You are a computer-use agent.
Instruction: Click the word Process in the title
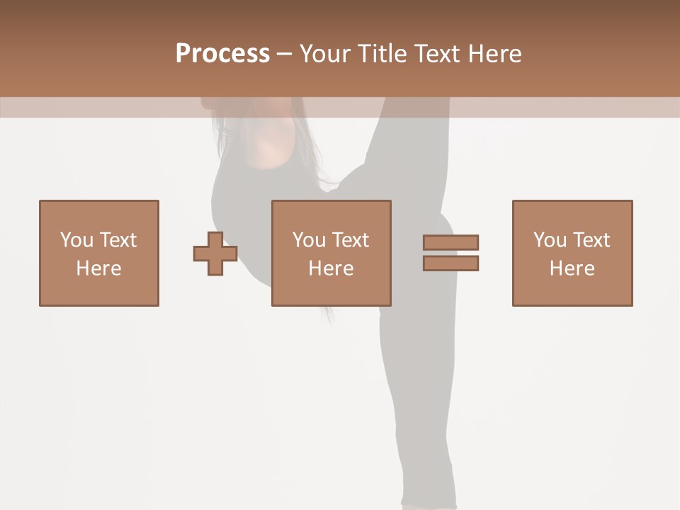click(222, 54)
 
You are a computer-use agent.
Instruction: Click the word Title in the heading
click(382, 54)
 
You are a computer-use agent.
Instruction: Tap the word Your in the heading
click(325, 54)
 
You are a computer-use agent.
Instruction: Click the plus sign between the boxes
click(215, 254)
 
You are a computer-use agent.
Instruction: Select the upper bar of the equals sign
click(450, 242)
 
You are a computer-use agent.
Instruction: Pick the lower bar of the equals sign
click(450, 263)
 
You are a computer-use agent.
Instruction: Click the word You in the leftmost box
click(76, 240)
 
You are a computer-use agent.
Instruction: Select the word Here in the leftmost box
click(98, 268)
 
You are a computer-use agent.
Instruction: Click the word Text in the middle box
click(349, 240)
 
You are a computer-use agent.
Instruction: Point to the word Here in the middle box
click(331, 268)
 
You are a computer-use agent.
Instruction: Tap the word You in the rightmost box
click(550, 240)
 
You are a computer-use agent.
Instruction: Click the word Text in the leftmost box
click(117, 240)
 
